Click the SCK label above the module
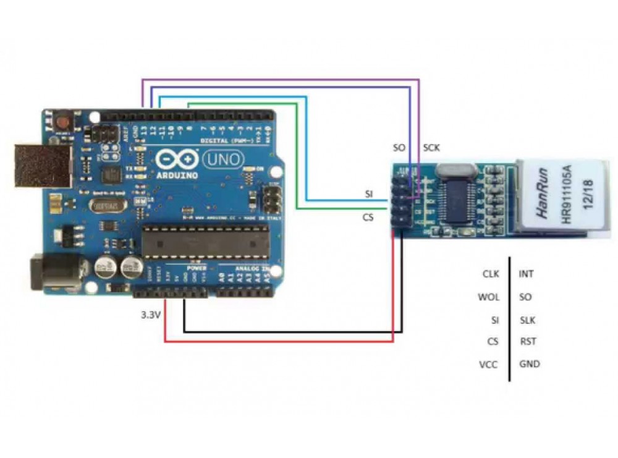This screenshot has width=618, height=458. (x=432, y=148)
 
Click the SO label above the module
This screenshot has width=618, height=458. (x=399, y=148)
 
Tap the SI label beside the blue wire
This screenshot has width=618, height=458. (x=369, y=194)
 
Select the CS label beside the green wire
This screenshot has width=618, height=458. (x=368, y=217)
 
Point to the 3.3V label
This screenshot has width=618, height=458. (x=151, y=315)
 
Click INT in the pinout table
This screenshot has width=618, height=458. (x=527, y=273)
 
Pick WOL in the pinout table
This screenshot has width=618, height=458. (x=488, y=297)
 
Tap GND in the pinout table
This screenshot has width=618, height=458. (x=530, y=364)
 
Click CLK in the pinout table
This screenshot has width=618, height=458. (x=491, y=273)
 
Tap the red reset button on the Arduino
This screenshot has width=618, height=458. (x=62, y=121)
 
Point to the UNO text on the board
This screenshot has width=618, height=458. (x=216, y=160)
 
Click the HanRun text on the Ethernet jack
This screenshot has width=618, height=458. (x=542, y=192)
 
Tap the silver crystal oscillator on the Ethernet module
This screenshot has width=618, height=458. (x=456, y=169)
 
